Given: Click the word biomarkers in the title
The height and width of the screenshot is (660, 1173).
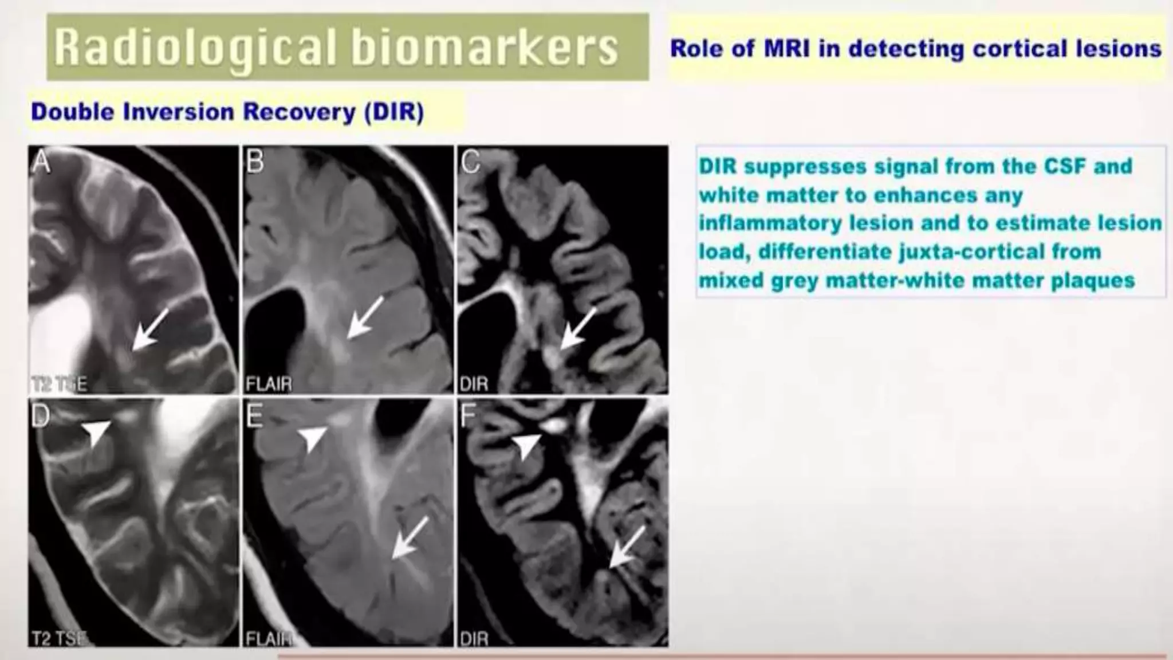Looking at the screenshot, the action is pyautogui.click(x=485, y=48).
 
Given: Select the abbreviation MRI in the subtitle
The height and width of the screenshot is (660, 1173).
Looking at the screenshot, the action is pyautogui.click(x=787, y=49).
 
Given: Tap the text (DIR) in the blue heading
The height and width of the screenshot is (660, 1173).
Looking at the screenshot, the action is pyautogui.click(x=394, y=112).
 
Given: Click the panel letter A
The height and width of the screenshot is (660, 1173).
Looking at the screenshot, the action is pyautogui.click(x=41, y=162).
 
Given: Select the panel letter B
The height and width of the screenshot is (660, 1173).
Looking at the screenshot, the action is pyautogui.click(x=255, y=162).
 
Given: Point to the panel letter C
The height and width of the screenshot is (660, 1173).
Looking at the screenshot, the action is pyautogui.click(x=470, y=162).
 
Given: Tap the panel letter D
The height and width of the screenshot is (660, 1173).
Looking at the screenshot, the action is pyautogui.click(x=40, y=417).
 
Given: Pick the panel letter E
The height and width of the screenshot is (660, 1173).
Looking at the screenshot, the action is pyautogui.click(x=254, y=417).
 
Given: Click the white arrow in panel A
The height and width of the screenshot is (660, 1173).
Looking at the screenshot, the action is pyautogui.click(x=150, y=328).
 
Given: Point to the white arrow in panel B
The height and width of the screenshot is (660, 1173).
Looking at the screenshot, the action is pyautogui.click(x=365, y=317).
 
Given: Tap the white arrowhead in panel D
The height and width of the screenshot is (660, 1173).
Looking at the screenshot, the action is pyautogui.click(x=96, y=432).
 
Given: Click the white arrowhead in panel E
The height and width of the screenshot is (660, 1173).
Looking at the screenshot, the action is pyautogui.click(x=313, y=438).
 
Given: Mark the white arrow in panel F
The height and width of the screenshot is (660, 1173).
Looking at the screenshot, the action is pyautogui.click(x=627, y=547).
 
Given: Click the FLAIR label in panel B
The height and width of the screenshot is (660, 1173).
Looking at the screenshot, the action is pyautogui.click(x=269, y=384).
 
